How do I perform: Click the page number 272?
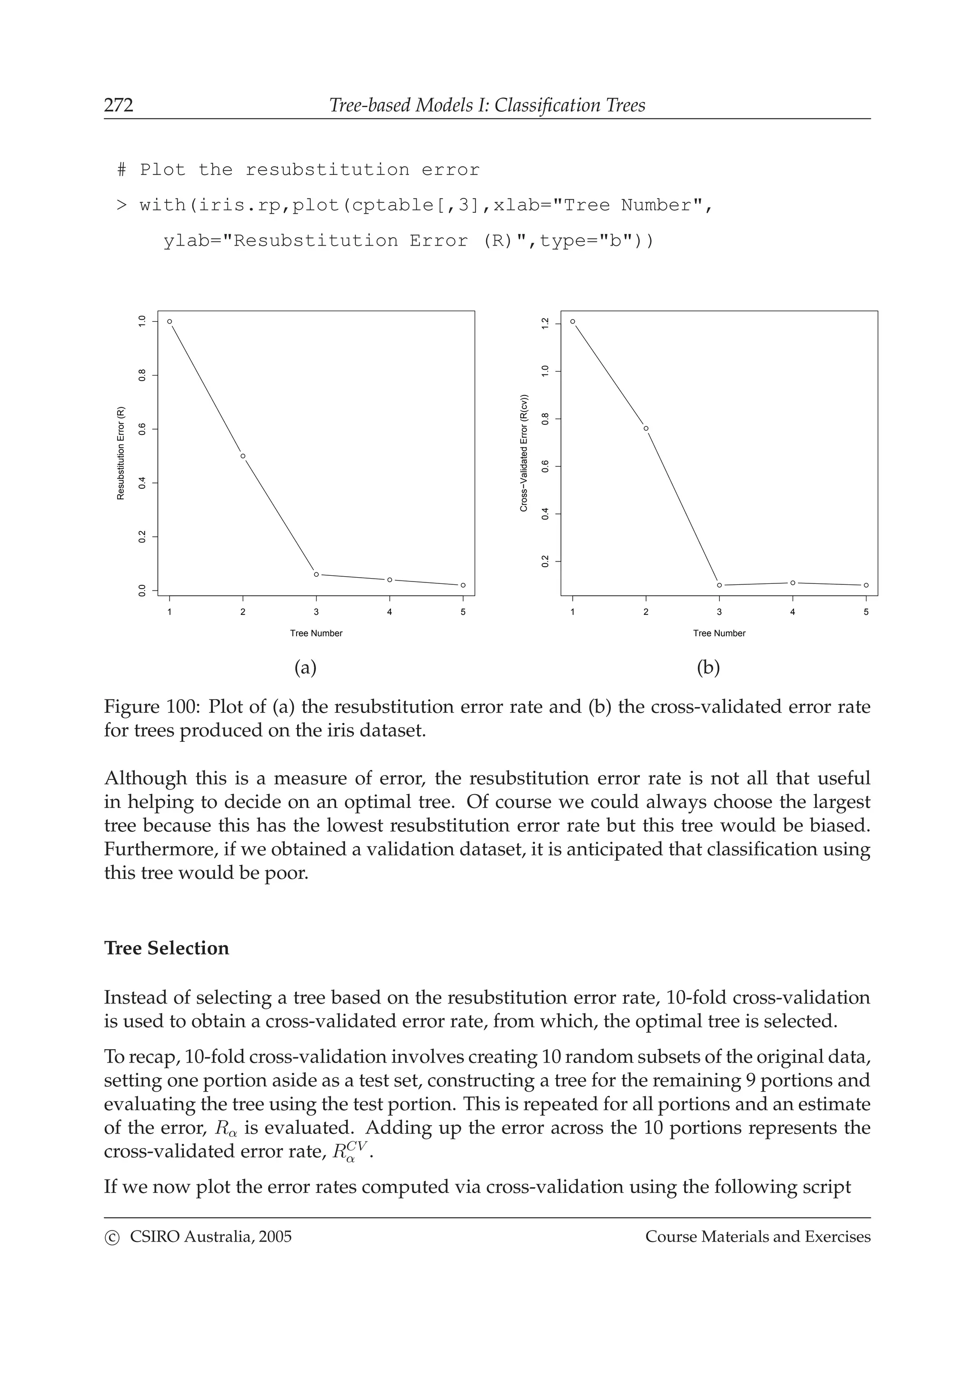click(x=119, y=106)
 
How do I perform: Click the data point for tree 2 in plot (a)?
click(x=243, y=456)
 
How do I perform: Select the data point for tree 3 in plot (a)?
click(x=316, y=574)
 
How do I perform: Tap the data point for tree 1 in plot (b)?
click(x=573, y=321)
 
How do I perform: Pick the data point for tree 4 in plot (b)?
click(x=792, y=582)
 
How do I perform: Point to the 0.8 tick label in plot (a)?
click(x=142, y=375)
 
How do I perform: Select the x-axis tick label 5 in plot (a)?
click(x=463, y=612)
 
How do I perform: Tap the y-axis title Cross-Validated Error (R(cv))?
click(x=524, y=453)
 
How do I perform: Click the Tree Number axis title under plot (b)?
click(x=718, y=633)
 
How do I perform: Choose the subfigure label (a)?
click(x=305, y=667)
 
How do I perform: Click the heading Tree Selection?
click(x=167, y=948)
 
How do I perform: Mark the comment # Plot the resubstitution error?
click(x=298, y=170)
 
